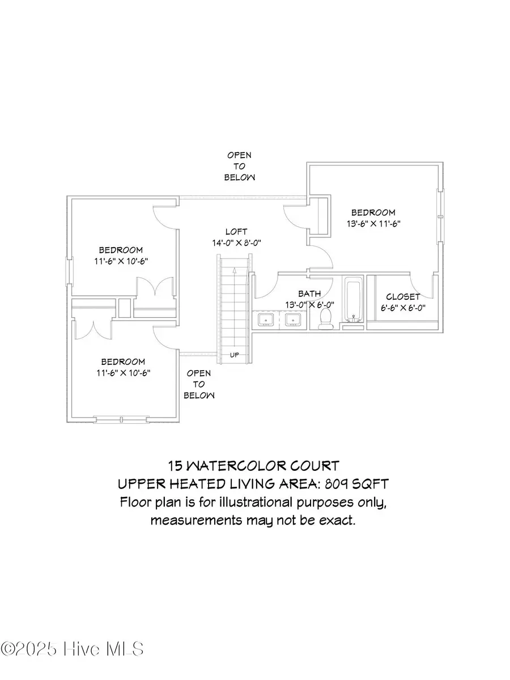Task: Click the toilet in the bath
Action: pos(325,318)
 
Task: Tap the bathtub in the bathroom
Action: pos(353,300)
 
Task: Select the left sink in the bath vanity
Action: pos(266,320)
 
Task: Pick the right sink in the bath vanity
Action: pos(292,320)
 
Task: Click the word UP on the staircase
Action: pos(235,355)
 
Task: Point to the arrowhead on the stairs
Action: pos(235,270)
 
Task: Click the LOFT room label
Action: pos(236,231)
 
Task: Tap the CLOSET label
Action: pos(403,297)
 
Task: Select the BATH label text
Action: pos(309,294)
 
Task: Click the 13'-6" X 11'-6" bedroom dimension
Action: pos(373,223)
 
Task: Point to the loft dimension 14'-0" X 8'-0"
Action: pos(236,243)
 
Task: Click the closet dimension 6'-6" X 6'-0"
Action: pos(403,308)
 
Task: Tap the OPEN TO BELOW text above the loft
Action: pos(239,167)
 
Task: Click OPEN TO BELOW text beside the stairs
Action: pos(199,384)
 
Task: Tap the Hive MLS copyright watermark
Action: pos(72,648)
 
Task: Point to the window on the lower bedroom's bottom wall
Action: pos(121,420)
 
